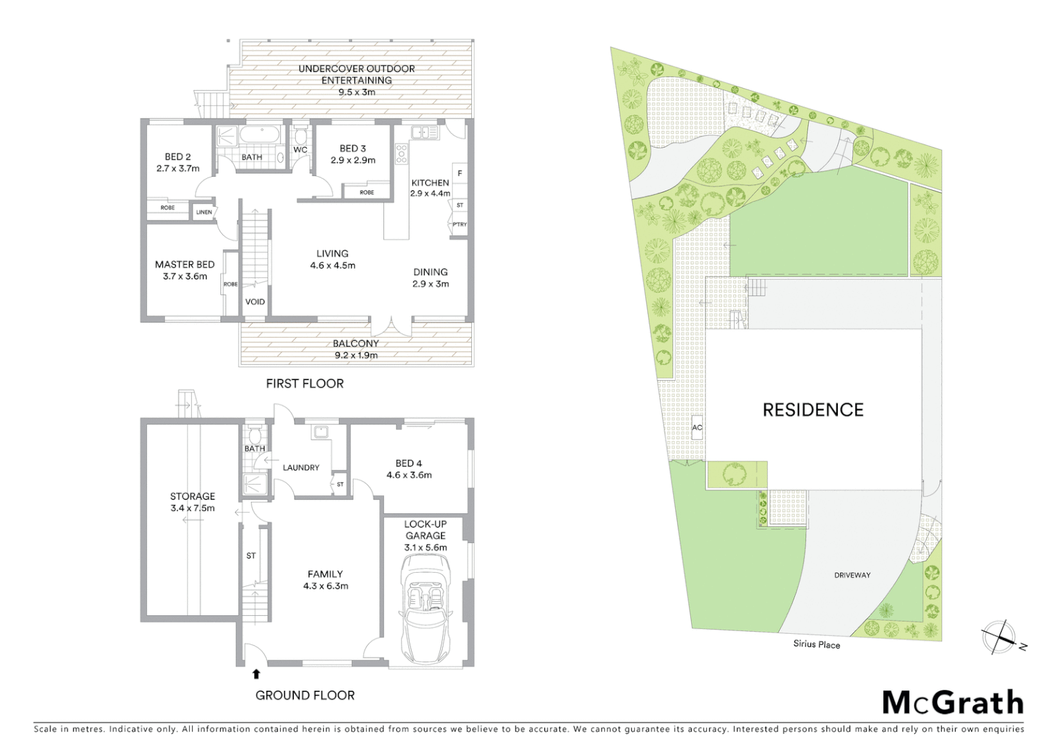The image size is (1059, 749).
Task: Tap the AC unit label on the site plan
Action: [697, 427]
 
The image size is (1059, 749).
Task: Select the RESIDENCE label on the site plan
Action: [813, 410]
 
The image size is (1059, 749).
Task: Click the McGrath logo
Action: [952, 703]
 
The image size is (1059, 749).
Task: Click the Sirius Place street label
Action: [816, 644]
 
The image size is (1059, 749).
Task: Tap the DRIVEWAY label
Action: [852, 575]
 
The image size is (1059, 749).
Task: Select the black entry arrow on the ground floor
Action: [256, 673]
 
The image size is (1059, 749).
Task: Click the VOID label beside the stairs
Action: [255, 302]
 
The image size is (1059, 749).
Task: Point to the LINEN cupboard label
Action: [204, 212]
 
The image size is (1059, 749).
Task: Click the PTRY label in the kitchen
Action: [460, 225]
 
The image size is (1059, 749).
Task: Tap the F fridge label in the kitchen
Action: [460, 173]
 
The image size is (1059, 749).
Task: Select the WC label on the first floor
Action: [300, 150]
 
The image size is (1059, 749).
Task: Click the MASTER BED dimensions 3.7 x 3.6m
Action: [185, 276]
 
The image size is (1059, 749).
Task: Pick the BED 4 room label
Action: [409, 463]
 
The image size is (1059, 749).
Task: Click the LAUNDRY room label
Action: [301, 467]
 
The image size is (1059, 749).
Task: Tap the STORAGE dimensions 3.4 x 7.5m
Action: [193, 508]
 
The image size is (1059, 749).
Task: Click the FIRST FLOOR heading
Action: [305, 384]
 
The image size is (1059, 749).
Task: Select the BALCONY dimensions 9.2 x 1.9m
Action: [356, 355]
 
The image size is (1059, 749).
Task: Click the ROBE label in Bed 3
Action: [367, 192]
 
